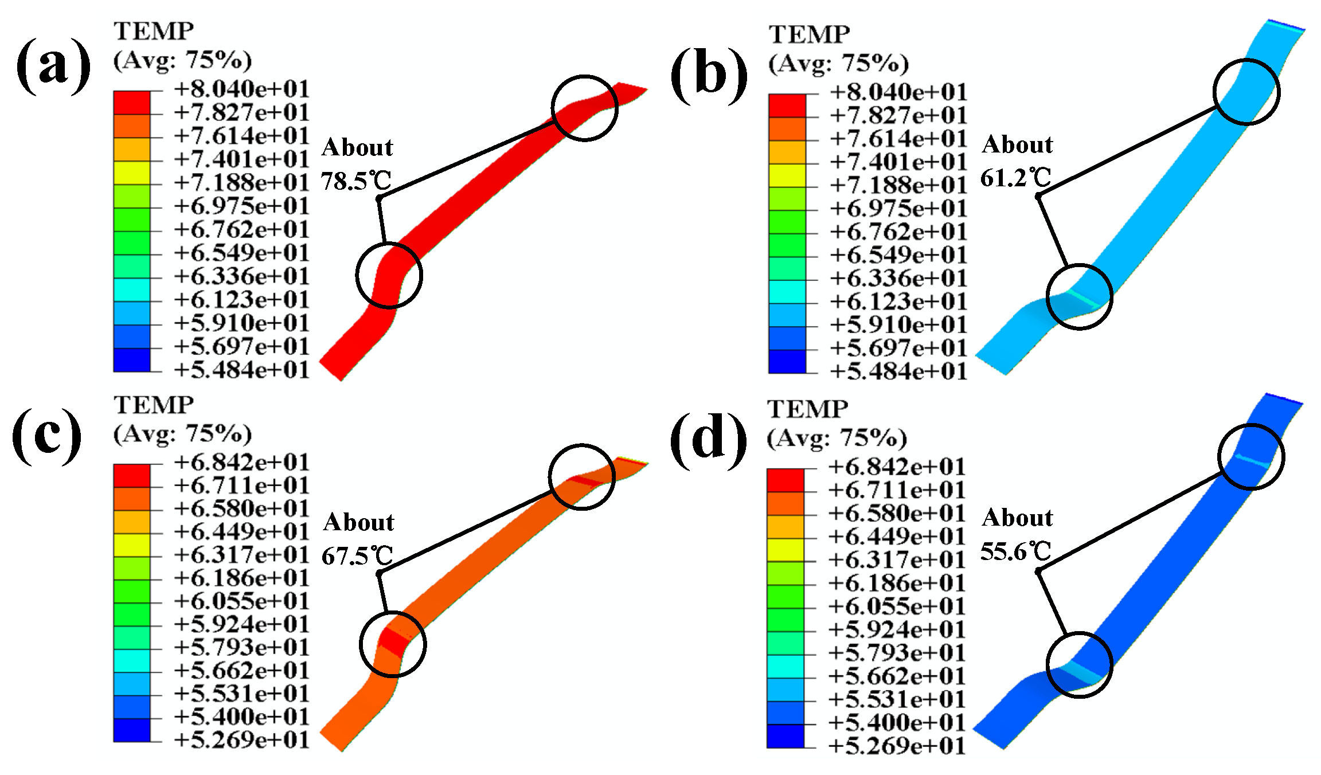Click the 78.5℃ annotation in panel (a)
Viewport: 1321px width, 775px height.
coord(356,181)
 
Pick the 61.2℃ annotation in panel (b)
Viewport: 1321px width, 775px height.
coord(1015,178)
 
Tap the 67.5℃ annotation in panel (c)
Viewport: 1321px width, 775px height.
coord(357,555)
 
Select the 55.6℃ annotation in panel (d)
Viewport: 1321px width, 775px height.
coord(1015,551)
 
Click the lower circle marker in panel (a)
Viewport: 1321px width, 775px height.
coord(389,275)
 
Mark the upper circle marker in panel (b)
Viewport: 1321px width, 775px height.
coord(1246,92)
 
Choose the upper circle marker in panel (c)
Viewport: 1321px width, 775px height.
coord(582,476)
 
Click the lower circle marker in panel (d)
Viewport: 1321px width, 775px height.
coord(1079,665)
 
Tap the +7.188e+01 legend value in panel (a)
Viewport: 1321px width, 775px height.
coord(241,182)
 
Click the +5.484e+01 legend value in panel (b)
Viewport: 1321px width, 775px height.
coord(898,371)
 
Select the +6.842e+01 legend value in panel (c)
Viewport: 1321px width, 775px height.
coord(241,462)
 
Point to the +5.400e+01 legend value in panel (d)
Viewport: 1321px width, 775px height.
coord(897,722)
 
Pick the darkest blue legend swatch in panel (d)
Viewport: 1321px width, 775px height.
coord(785,736)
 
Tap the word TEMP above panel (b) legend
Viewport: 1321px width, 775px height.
coord(809,35)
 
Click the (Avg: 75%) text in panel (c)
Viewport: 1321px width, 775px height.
coord(182,434)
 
